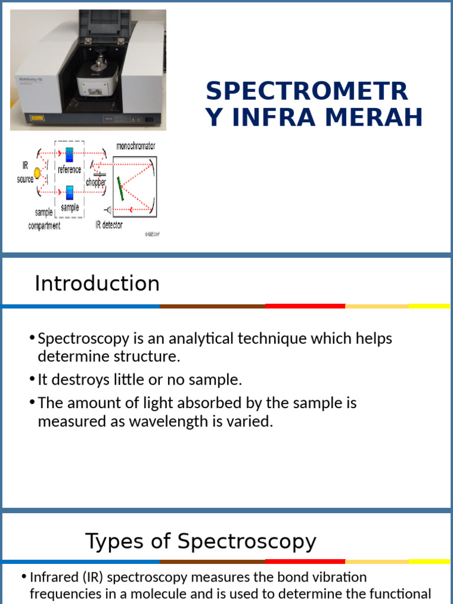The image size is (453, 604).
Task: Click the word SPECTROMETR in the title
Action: point(307,91)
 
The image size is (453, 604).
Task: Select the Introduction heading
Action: point(97,284)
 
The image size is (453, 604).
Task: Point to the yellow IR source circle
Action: point(38,173)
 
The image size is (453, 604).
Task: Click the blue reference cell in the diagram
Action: point(69,155)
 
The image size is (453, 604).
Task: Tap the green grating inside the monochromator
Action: point(120,188)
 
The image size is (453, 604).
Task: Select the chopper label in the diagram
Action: point(96,183)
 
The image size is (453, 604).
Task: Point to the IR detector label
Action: point(109,225)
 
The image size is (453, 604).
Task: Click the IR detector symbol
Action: point(108,209)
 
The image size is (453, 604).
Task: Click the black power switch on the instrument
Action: point(149,120)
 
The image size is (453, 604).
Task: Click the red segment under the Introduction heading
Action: point(305,306)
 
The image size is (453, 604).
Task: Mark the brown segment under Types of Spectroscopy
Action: point(212,562)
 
